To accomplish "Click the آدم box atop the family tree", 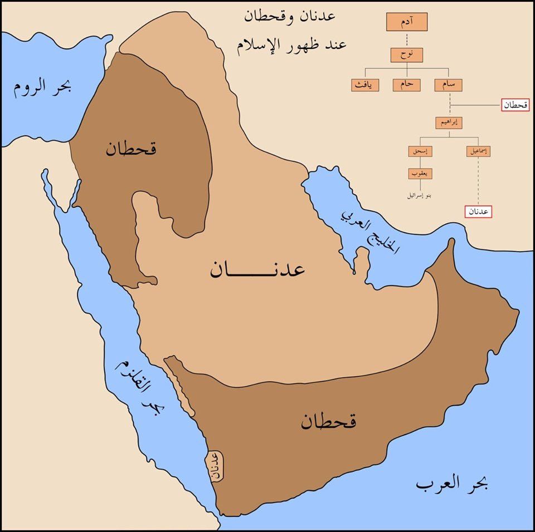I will pyautogui.click(x=407, y=22).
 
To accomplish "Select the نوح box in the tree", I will pyautogui.click(x=407, y=55).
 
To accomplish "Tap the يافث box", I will pyautogui.click(x=365, y=85).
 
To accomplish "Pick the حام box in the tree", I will pyautogui.click(x=407, y=85).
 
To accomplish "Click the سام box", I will pyautogui.click(x=450, y=85).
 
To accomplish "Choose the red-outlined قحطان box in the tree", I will pyautogui.click(x=515, y=105).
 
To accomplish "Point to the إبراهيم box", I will pyautogui.click(x=450, y=123).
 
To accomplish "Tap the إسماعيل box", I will pyautogui.click(x=478, y=151).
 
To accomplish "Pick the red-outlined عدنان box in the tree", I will pyautogui.click(x=478, y=211).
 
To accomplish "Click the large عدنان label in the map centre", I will pyautogui.click(x=257, y=270).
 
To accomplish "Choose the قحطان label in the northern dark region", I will pyautogui.click(x=132, y=149).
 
